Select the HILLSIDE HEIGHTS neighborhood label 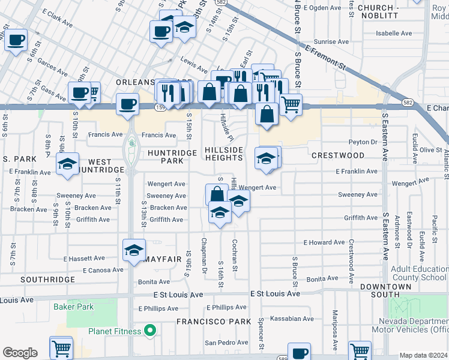(224, 154)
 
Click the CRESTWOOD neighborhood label (338, 155)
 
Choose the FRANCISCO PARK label (213, 322)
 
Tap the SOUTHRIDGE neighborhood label (47, 280)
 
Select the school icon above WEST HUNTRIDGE (68, 163)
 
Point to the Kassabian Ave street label (292, 319)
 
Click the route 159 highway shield (160, 107)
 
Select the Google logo (20, 352)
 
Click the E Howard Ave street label (324, 242)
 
